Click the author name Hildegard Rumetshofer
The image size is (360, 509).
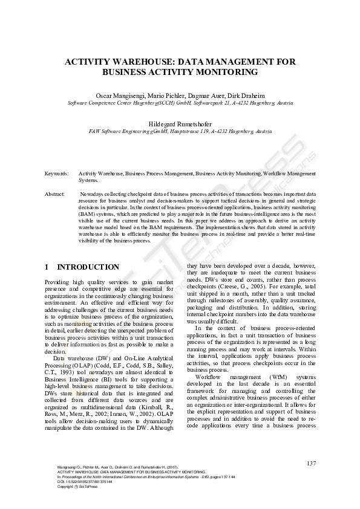pos(180,124)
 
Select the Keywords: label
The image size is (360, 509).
pos(57,173)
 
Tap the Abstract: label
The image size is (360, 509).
pos(55,193)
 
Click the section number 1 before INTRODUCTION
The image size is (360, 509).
pos(48,267)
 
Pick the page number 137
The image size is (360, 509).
pos(311,463)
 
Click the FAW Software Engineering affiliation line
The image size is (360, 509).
pos(180,131)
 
